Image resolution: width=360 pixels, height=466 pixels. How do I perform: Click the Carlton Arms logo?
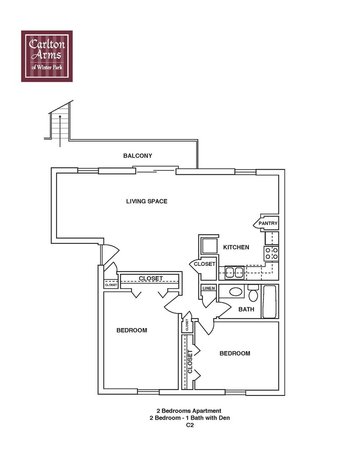[x=47, y=56]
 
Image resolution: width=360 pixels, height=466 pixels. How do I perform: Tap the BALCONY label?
[x=137, y=156]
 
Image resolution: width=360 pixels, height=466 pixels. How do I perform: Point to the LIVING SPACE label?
[x=147, y=201]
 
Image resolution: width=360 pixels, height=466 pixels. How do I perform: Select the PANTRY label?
[x=268, y=223]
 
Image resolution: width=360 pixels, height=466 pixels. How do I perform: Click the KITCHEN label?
[x=236, y=247]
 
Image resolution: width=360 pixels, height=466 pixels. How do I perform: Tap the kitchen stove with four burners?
[x=271, y=253]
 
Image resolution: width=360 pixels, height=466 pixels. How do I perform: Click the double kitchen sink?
[x=234, y=273]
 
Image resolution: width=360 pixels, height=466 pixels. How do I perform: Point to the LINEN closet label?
[x=208, y=289]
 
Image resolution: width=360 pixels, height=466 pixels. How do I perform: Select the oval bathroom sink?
[x=236, y=292]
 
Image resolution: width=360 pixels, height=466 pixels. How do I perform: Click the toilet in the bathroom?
[x=254, y=294]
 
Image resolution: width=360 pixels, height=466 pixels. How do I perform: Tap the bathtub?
[x=270, y=301]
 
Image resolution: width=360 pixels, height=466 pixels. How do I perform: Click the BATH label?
[x=246, y=309]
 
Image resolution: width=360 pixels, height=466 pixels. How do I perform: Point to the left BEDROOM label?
[x=132, y=330]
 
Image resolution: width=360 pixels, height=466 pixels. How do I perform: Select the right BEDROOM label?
[x=235, y=353]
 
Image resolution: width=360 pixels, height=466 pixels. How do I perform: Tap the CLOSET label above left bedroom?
[x=151, y=278]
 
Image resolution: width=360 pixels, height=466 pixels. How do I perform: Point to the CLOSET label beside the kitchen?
[x=204, y=264]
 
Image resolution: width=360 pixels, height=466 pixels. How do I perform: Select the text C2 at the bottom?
[x=189, y=426]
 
